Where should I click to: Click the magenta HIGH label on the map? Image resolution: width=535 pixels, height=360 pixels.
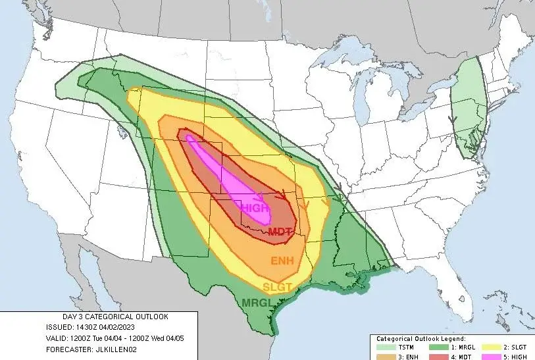click(x=255, y=208)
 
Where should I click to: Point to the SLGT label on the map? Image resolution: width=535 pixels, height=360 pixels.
click(x=276, y=287)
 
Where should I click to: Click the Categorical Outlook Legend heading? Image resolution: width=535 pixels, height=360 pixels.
click(x=421, y=338)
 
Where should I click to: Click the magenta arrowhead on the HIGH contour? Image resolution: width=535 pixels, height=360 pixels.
click(x=260, y=196)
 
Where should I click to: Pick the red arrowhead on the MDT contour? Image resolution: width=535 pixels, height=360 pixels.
click(x=283, y=195)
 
